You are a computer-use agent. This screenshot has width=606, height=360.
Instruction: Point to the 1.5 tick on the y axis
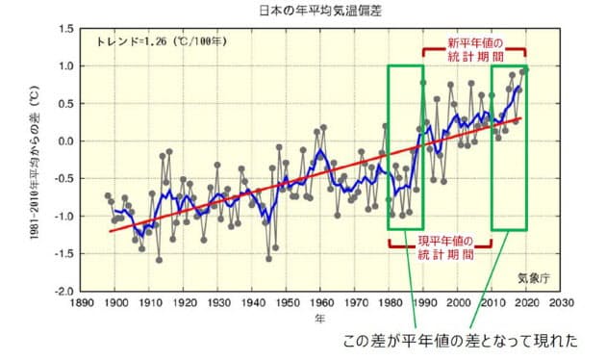click(x=65, y=29)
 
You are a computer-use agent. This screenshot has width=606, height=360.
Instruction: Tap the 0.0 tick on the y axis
click(x=65, y=141)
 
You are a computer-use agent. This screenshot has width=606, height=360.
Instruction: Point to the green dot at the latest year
click(x=525, y=69)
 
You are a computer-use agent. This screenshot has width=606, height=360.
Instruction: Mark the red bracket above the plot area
click(x=474, y=43)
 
